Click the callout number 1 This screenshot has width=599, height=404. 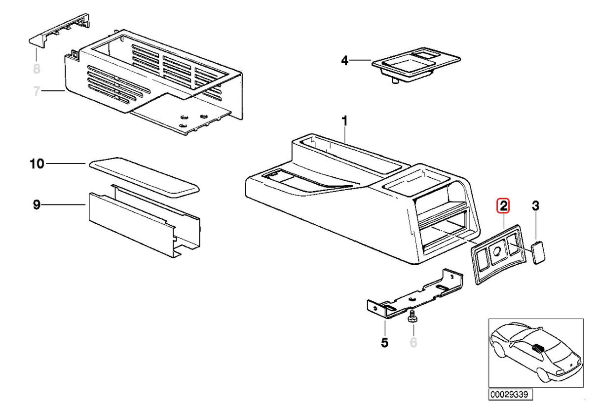pos(345,121)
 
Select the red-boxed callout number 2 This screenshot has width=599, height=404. pos(503,205)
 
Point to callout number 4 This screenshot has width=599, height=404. pos(345,61)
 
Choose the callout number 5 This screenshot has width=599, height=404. pos(384,341)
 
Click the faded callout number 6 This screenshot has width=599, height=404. pos(413,341)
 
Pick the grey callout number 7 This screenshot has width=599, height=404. pos(36,91)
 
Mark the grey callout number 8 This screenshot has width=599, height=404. pos(36,69)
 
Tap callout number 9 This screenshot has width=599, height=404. pos(37,204)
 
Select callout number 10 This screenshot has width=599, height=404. pos(38,163)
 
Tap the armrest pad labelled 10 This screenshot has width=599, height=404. pos(144,175)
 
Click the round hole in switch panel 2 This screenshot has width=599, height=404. pos(497,250)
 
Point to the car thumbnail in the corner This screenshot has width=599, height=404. pos(535,353)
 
